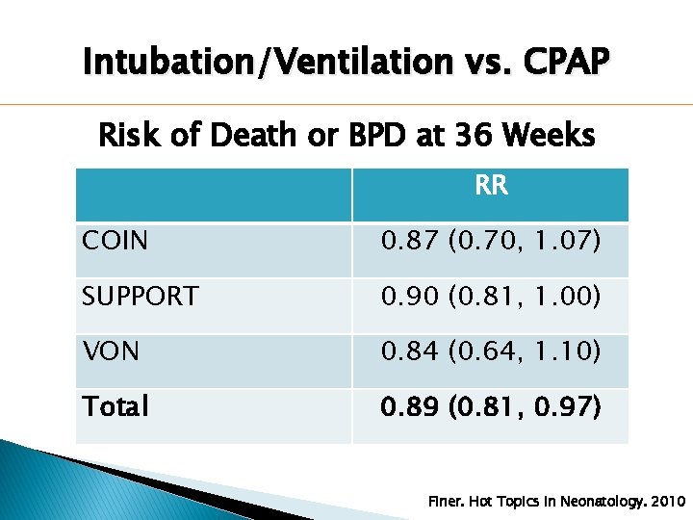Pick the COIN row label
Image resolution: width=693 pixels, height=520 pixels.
tap(115, 241)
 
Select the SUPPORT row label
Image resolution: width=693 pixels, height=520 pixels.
tap(141, 297)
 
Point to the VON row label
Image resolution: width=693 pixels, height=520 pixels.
tap(111, 352)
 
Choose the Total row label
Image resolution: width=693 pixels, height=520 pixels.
tap(115, 407)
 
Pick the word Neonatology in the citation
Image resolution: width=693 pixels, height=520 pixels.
tap(587, 502)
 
